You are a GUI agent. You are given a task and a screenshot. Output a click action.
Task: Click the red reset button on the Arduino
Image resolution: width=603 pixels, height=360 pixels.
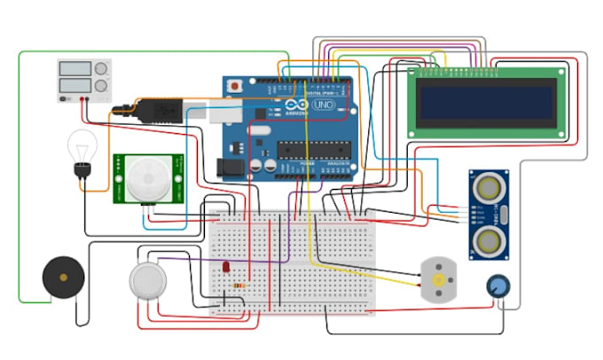(x=235, y=86)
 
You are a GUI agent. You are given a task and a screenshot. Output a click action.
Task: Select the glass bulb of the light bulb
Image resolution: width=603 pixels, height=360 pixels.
(x=83, y=145)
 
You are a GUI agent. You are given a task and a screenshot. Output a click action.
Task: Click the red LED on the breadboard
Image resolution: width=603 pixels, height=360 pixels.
(x=228, y=267)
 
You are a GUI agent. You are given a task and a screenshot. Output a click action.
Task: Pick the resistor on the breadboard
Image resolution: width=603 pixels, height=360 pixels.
(x=239, y=285)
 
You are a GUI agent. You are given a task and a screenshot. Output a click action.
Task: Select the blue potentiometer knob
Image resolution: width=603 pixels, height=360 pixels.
(x=499, y=286)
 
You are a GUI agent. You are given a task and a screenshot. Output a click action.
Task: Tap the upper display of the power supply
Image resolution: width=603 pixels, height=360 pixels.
(x=76, y=69)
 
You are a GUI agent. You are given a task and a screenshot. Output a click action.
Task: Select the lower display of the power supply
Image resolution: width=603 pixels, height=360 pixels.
(x=76, y=86)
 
